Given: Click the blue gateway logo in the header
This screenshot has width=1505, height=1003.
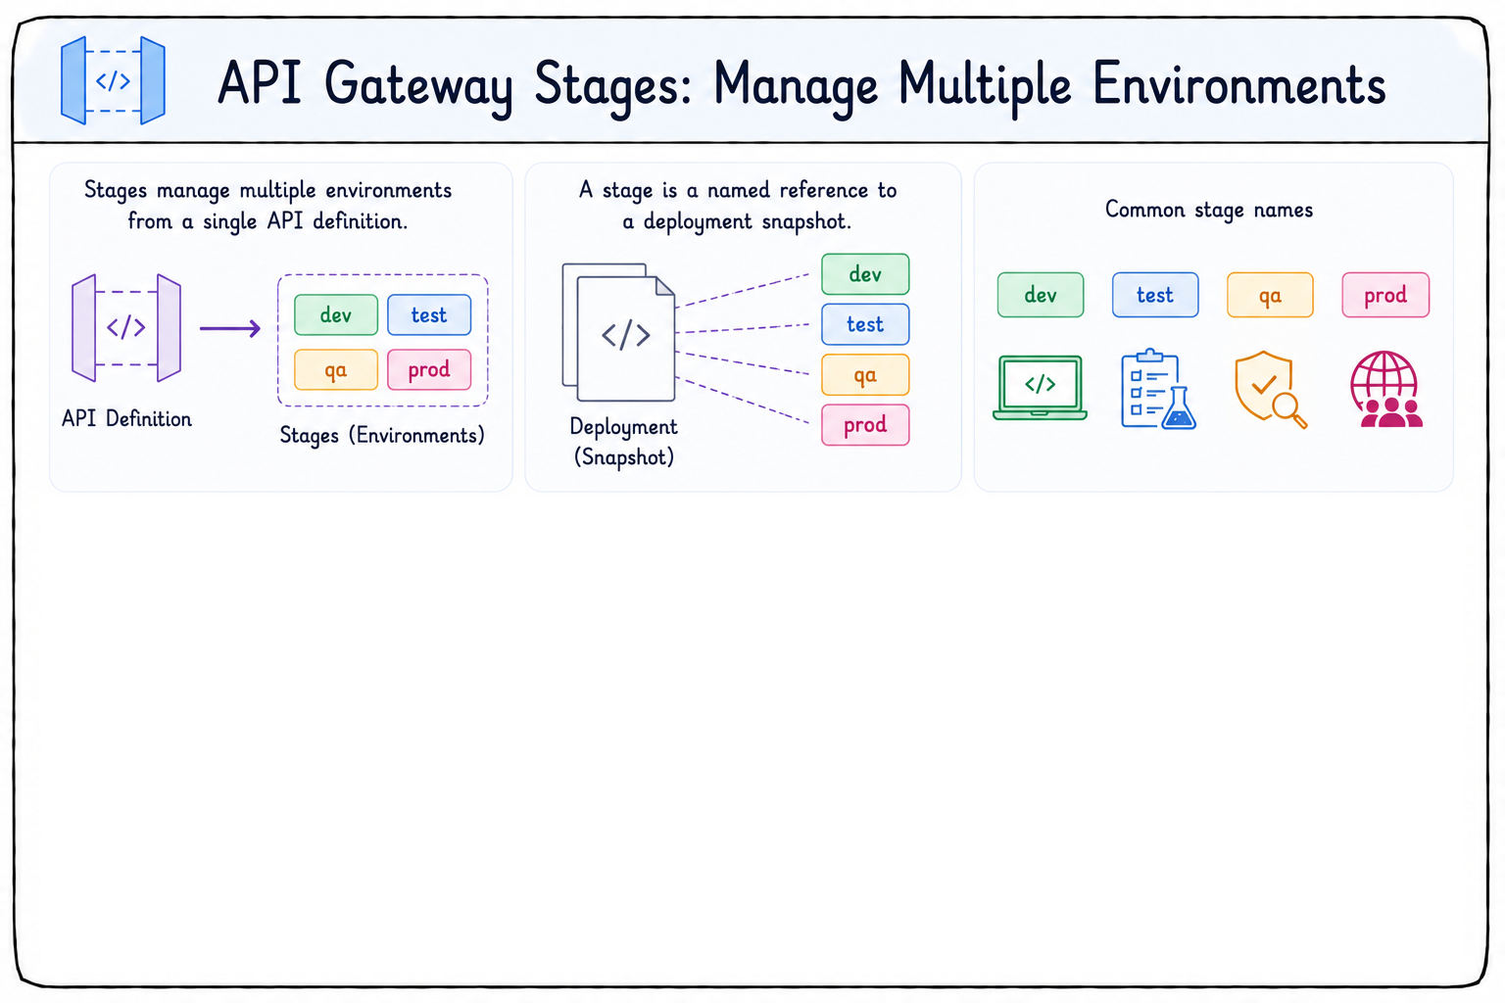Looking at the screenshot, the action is coord(113,80).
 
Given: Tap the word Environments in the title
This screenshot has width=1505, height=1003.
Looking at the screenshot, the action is coord(1239,84).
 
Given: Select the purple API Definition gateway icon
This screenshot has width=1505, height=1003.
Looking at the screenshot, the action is coord(126,328).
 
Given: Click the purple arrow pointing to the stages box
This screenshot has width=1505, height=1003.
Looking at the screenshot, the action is coord(230,328).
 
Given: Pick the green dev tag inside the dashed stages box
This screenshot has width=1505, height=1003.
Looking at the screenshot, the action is coord(336,314).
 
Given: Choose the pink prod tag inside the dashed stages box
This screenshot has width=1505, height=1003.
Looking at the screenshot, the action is coord(429,369).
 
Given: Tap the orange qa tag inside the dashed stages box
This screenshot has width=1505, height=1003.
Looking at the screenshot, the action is coord(336,369).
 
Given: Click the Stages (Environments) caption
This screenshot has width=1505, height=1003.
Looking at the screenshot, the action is coord(382,435).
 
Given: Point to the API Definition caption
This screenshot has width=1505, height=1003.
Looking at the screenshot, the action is coord(127,419).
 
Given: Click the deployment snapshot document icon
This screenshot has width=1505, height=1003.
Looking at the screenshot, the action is coord(619,333).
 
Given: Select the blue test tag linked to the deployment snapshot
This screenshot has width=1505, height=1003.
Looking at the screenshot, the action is coord(865,324).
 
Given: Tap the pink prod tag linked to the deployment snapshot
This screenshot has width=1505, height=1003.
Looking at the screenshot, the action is coord(865,424).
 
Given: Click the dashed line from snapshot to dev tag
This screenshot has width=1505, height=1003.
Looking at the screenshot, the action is coord(743,290).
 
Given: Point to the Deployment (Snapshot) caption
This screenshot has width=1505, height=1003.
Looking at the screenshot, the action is coord(623,442).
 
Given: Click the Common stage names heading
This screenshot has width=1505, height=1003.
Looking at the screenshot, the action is coord(1209,211).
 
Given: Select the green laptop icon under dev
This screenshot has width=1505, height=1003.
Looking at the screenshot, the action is coord(1040,388).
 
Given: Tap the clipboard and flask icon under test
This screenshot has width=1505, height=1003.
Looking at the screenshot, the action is coord(1158,389).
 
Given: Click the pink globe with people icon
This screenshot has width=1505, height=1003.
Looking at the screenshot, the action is coord(1385,389).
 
